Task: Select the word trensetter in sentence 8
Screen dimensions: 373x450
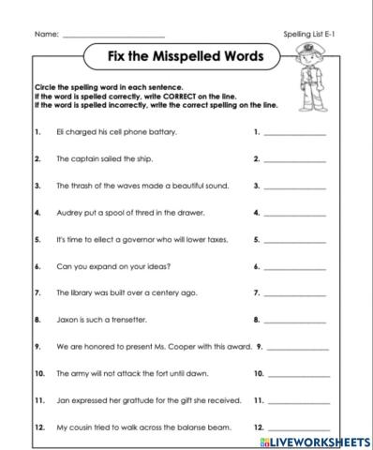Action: [x=124, y=320]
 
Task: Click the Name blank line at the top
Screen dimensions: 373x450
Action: [x=112, y=36]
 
